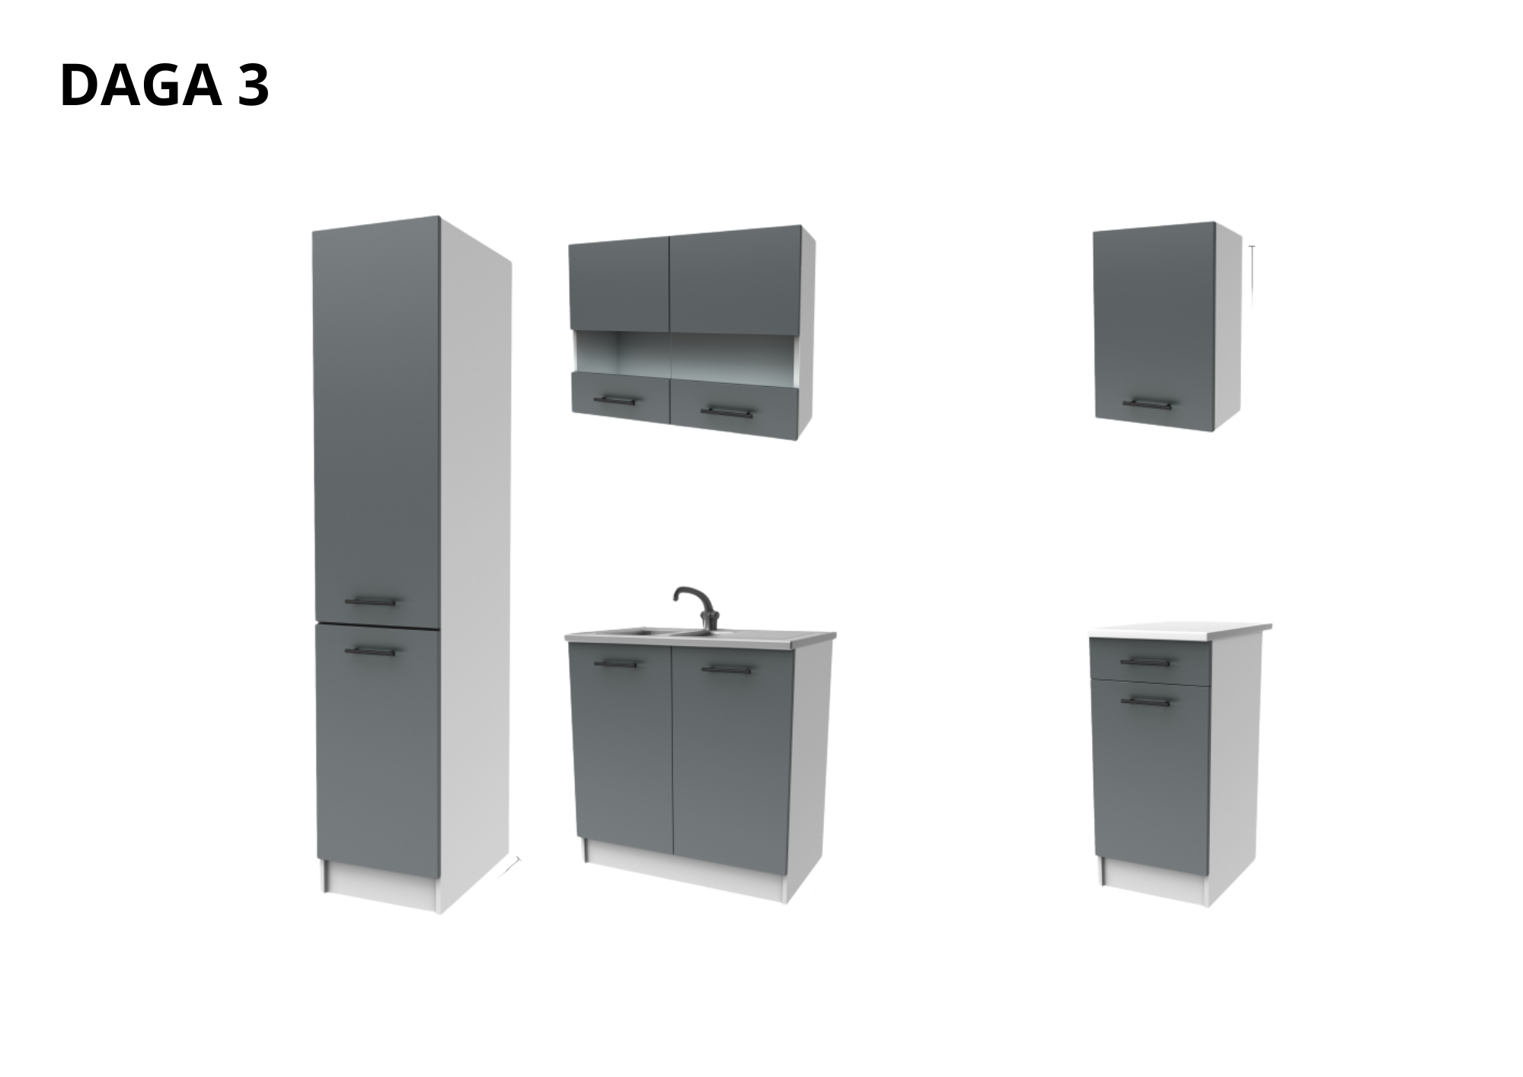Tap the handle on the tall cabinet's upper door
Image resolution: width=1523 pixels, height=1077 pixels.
click(371, 601)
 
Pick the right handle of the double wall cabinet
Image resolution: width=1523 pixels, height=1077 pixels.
click(726, 412)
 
